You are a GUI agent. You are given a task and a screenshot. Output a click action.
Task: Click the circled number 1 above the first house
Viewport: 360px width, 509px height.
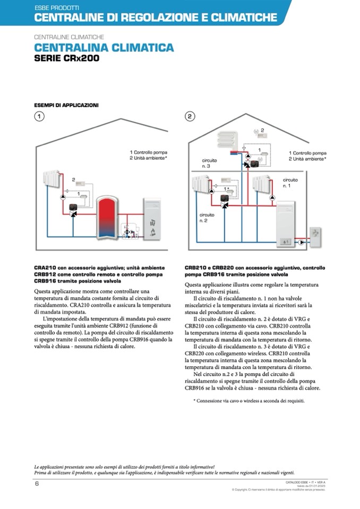coord(39,116)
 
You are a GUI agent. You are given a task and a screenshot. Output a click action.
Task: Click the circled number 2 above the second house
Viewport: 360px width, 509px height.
coord(190,116)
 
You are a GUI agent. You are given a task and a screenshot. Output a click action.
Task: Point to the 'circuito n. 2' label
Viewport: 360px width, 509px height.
coord(207,217)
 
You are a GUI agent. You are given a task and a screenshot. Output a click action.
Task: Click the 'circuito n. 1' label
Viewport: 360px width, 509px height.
coord(290,183)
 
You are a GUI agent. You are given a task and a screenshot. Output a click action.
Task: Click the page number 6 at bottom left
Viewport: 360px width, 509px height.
coord(37,484)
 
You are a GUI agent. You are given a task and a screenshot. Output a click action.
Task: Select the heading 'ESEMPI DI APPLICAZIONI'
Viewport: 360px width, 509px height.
coord(66,105)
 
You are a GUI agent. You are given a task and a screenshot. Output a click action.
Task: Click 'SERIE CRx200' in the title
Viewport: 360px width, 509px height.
coord(66,58)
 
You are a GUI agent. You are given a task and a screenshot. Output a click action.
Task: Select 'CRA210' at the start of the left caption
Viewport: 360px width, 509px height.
coord(45,268)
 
